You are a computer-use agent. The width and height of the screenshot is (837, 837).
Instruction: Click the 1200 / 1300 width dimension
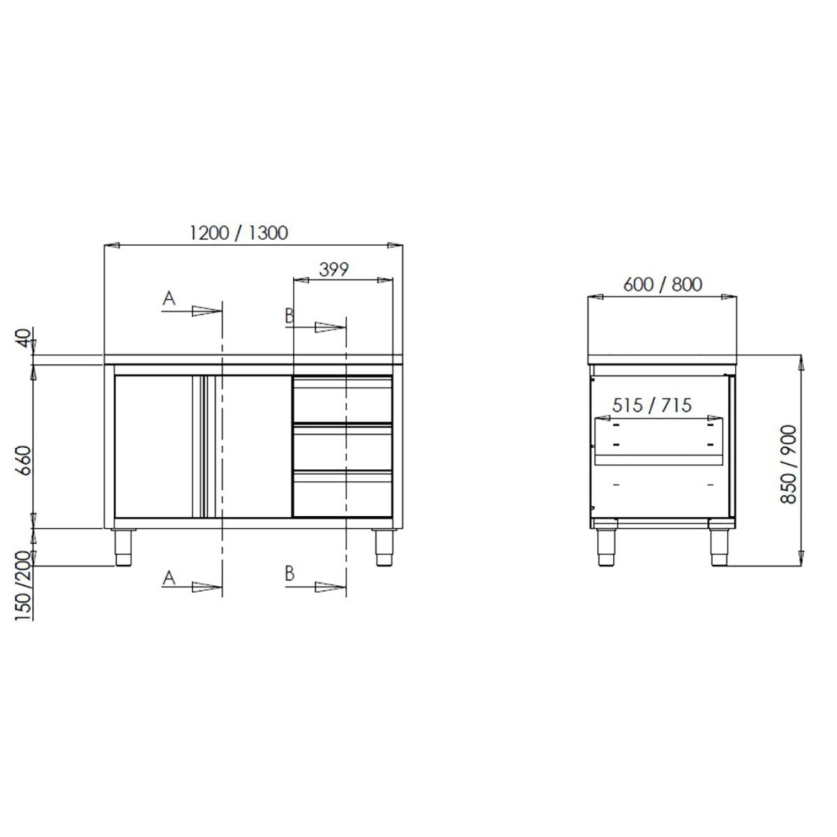(238, 232)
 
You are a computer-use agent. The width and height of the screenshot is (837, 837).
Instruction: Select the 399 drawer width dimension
(333, 269)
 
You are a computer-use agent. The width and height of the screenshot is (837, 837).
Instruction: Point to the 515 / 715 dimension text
(651, 405)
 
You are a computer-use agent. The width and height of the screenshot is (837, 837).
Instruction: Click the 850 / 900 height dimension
(789, 465)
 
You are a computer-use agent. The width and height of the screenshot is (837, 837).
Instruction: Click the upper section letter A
(168, 299)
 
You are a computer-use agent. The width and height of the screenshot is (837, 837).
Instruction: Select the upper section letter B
(289, 316)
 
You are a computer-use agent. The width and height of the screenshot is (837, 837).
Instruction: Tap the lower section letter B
(289, 574)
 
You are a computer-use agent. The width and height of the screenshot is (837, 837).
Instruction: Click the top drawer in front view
(342, 400)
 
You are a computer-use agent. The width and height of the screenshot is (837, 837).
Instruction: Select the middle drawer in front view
(342, 447)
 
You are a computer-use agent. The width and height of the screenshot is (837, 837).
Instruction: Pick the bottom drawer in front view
(342, 495)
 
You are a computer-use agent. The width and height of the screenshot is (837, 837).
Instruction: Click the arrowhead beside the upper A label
(206, 311)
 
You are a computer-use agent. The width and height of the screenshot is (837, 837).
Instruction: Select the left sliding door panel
(153, 447)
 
